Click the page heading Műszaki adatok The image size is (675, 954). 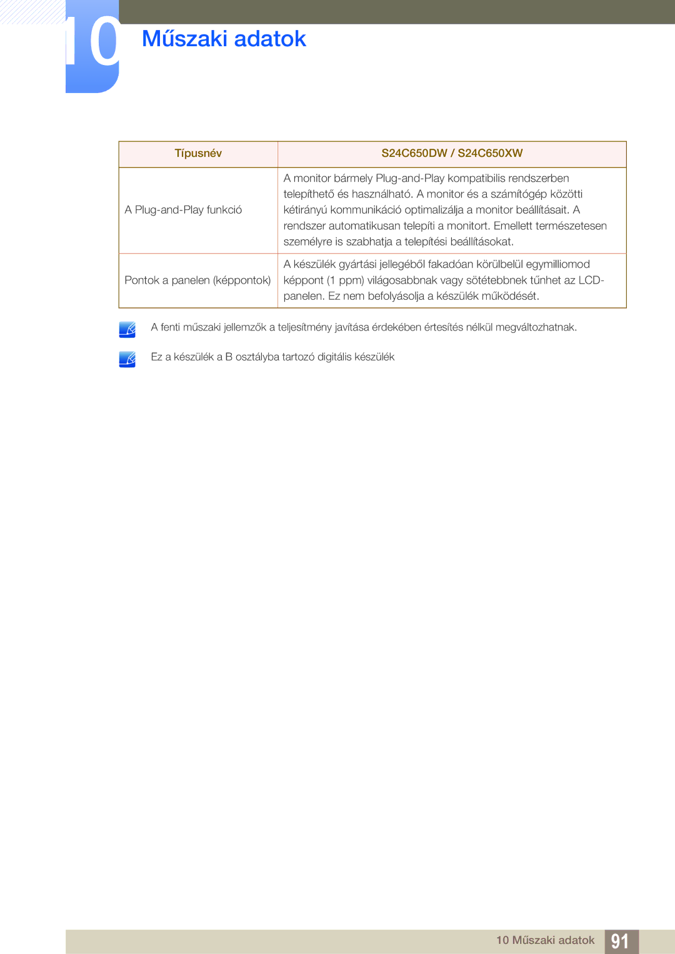click(224, 39)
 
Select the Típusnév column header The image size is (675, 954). click(198, 154)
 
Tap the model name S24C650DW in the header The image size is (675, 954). click(414, 154)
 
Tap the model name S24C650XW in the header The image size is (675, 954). click(490, 154)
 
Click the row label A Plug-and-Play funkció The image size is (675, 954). click(183, 210)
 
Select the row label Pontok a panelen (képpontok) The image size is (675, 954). click(197, 281)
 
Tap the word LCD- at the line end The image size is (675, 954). click(591, 281)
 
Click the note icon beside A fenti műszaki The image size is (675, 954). click(127, 329)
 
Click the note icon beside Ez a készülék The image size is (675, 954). click(127, 359)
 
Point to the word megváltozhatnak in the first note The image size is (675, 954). click(536, 327)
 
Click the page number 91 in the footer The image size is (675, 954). click(620, 942)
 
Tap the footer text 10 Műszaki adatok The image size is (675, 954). click(545, 940)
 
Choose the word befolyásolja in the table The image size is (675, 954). click(396, 296)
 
